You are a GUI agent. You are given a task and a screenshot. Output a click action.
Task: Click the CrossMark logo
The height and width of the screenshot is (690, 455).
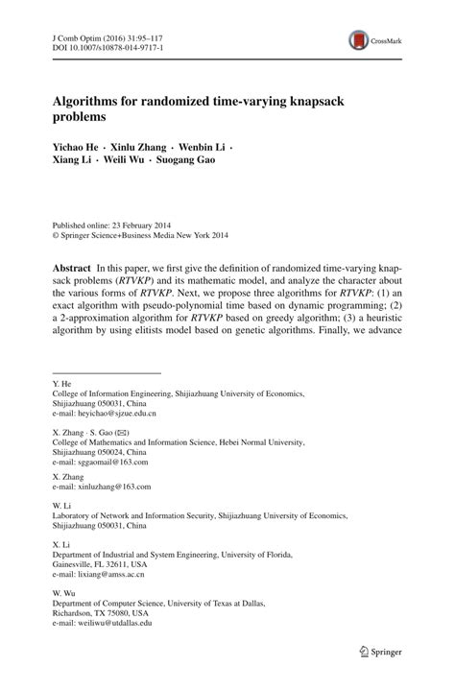pyautogui.click(x=373, y=39)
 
